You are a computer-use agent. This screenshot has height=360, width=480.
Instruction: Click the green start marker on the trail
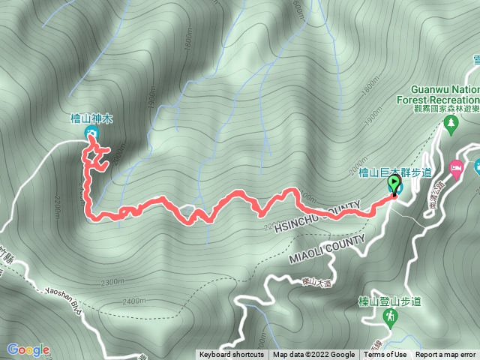click(393, 184)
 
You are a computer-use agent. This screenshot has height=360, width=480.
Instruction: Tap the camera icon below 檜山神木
click(91, 133)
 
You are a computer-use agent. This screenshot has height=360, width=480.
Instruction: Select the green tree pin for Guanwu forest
click(450, 128)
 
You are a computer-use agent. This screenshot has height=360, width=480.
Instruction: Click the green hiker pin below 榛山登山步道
click(390, 318)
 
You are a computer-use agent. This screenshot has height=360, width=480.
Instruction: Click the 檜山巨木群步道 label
click(385, 172)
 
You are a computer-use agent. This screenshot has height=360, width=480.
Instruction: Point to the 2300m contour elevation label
click(110, 282)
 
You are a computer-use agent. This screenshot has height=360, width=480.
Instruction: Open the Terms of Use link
click(385, 355)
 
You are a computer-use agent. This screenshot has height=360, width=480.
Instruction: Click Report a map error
click(446, 355)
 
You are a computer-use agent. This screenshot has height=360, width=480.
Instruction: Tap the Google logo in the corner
click(28, 349)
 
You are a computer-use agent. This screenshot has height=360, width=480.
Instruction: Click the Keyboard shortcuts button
click(231, 355)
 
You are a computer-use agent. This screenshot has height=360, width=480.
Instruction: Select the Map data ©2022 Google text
click(313, 355)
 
